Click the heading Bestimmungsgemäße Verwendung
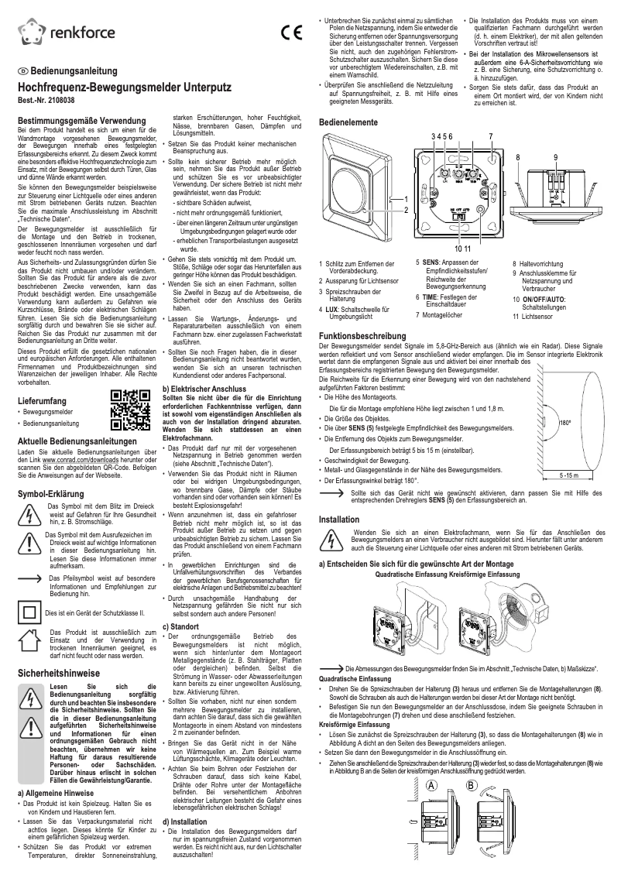click(x=76, y=122)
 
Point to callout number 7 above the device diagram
click(x=491, y=135)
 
